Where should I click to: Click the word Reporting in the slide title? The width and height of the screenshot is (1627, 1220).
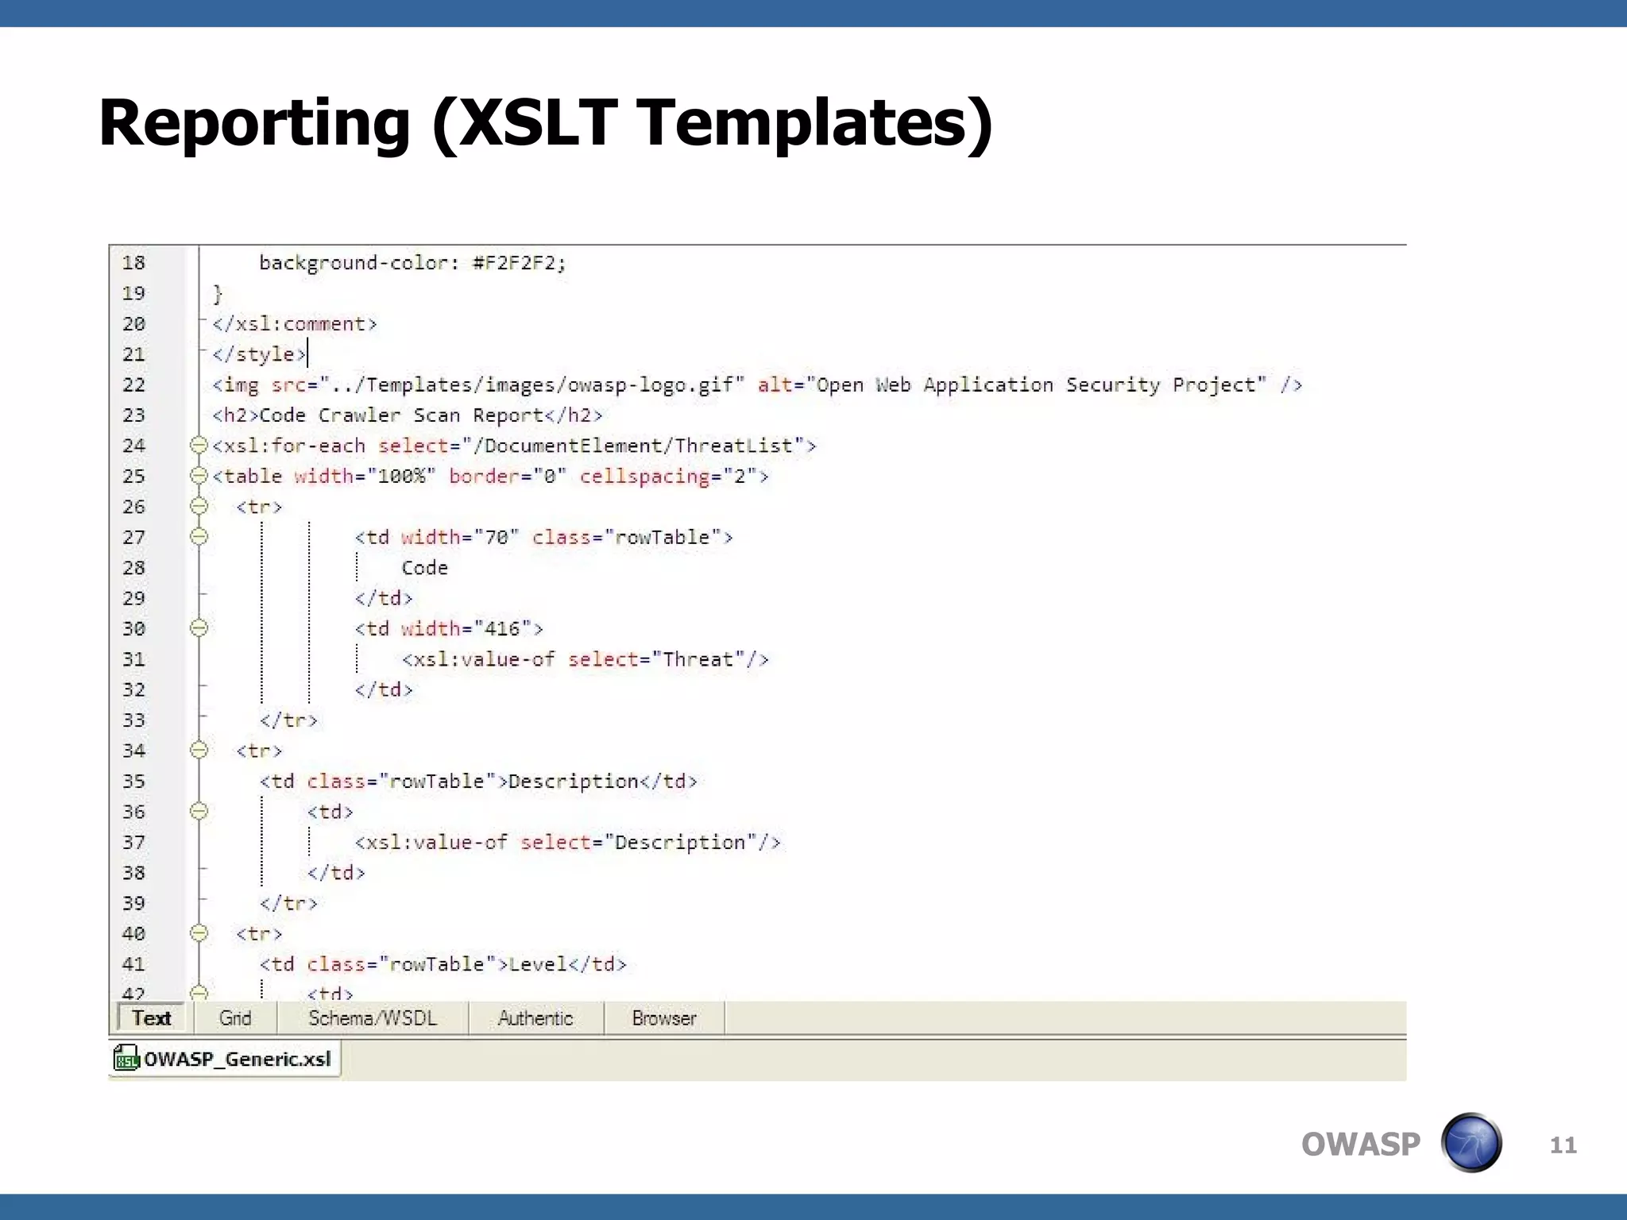tap(254, 123)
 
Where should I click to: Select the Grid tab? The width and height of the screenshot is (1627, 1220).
tap(234, 1018)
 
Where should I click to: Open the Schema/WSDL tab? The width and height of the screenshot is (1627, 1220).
tap(373, 1018)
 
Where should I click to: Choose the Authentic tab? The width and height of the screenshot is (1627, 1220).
tap(535, 1018)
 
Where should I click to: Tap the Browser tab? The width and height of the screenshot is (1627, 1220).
tap(664, 1018)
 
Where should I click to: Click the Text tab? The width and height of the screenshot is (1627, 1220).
tap(151, 1018)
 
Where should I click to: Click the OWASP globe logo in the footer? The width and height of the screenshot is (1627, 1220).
tap(1471, 1143)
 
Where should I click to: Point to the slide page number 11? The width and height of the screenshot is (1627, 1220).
tap(1563, 1145)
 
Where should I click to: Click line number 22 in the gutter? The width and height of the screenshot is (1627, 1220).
tap(133, 385)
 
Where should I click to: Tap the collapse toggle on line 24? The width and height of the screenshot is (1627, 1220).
tap(199, 446)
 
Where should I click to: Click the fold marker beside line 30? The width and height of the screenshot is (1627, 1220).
tap(199, 628)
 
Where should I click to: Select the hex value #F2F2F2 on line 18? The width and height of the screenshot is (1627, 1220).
tap(519, 263)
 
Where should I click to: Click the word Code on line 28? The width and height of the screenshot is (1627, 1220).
tap(425, 568)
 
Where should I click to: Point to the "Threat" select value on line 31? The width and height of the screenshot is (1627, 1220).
tap(698, 659)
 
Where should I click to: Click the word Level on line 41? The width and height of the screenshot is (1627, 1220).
tap(538, 964)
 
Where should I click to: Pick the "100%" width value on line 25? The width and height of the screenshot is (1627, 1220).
tap(402, 477)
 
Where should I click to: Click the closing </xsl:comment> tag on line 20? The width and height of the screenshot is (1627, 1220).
tap(294, 324)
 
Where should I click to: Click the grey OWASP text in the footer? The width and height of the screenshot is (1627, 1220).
tap(1360, 1145)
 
